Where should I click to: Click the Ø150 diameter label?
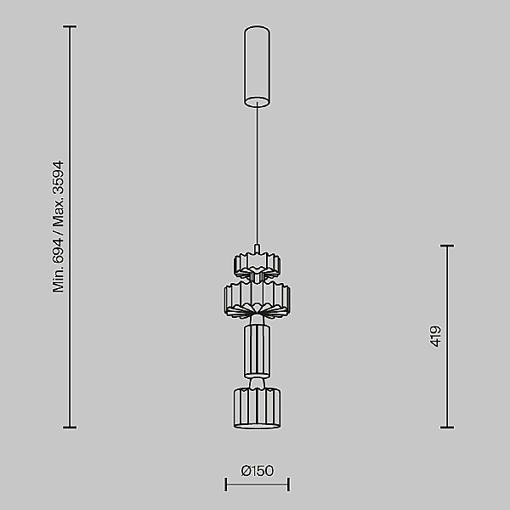pyautogui.click(x=258, y=471)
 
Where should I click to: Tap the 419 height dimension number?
pyautogui.click(x=435, y=337)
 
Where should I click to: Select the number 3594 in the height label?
pyautogui.click(x=58, y=178)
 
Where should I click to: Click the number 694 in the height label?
pyautogui.click(x=58, y=251)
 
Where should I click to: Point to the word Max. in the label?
pyautogui.click(x=58, y=213)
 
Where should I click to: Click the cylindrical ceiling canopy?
pyautogui.click(x=257, y=66)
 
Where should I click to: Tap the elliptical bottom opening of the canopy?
pyautogui.click(x=257, y=102)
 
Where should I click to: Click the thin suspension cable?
pyautogui.click(x=257, y=174)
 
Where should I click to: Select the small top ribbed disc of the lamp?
pyautogui.click(x=257, y=264)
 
